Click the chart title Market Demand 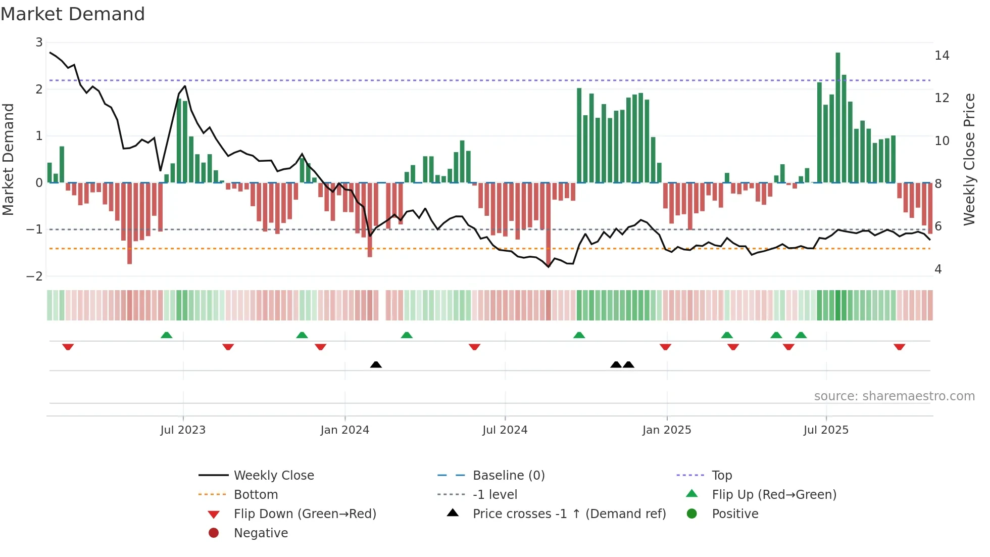(x=73, y=14)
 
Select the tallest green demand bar (x=837, y=117)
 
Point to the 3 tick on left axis (x=39, y=42)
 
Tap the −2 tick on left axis (x=35, y=276)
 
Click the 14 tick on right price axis (x=942, y=56)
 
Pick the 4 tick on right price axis (x=938, y=269)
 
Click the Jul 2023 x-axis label (x=183, y=430)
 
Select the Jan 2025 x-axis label (x=667, y=430)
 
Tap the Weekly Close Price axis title (x=969, y=159)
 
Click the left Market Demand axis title (x=9, y=159)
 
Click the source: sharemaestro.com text (x=894, y=396)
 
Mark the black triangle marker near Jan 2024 (x=376, y=364)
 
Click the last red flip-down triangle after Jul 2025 (x=899, y=347)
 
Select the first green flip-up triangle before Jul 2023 (x=166, y=335)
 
